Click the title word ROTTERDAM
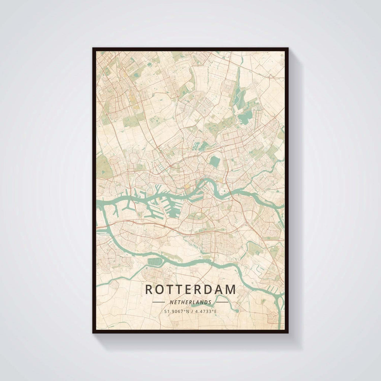[190, 289]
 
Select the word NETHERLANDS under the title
[190, 302]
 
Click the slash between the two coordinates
[190, 311]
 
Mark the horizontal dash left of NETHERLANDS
[159, 302]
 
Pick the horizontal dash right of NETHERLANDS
[222, 302]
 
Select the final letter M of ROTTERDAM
[231, 289]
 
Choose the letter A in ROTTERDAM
[218, 289]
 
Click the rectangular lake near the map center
[214, 161]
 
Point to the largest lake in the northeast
[245, 118]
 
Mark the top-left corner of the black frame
[93, 48]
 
